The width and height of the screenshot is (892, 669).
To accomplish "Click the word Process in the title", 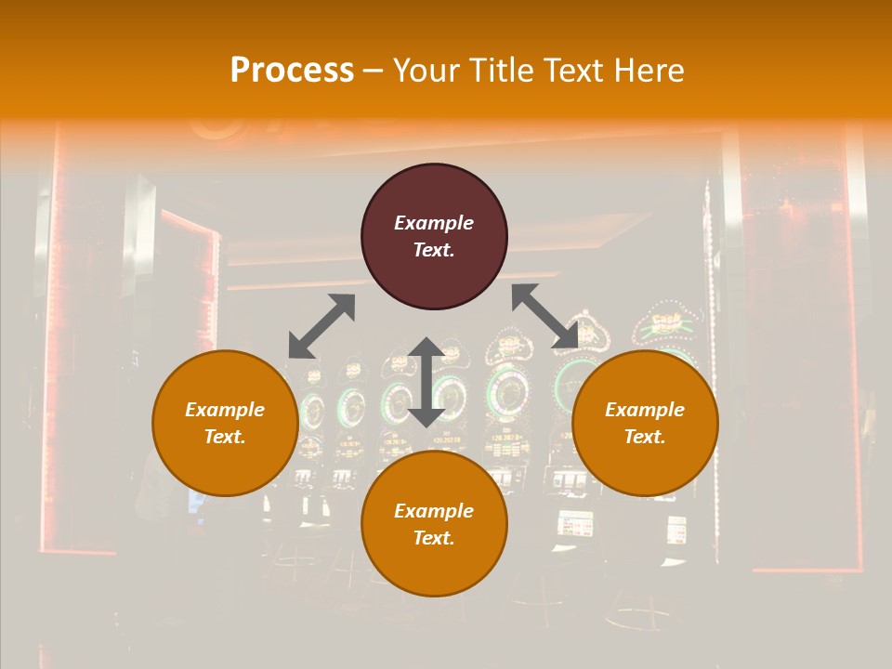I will tap(292, 71).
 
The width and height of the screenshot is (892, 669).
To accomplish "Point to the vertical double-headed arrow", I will tap(426, 382).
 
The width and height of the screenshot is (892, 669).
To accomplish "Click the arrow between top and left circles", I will tap(321, 325).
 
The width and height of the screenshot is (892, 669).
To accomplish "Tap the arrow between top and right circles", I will tap(545, 316).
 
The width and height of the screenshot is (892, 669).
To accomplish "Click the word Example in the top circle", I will tap(434, 223).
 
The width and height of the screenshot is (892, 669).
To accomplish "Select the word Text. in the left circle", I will tap(225, 437).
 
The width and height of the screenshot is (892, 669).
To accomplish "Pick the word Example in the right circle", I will tap(645, 410).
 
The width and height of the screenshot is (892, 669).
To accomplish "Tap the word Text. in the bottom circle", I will tap(434, 538).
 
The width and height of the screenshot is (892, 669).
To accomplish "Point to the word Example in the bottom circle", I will tap(434, 511).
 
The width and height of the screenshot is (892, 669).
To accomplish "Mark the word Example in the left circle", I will tap(225, 410).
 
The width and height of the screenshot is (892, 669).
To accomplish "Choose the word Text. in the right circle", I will tap(645, 437).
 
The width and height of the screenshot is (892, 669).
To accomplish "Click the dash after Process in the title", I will tap(374, 71).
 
